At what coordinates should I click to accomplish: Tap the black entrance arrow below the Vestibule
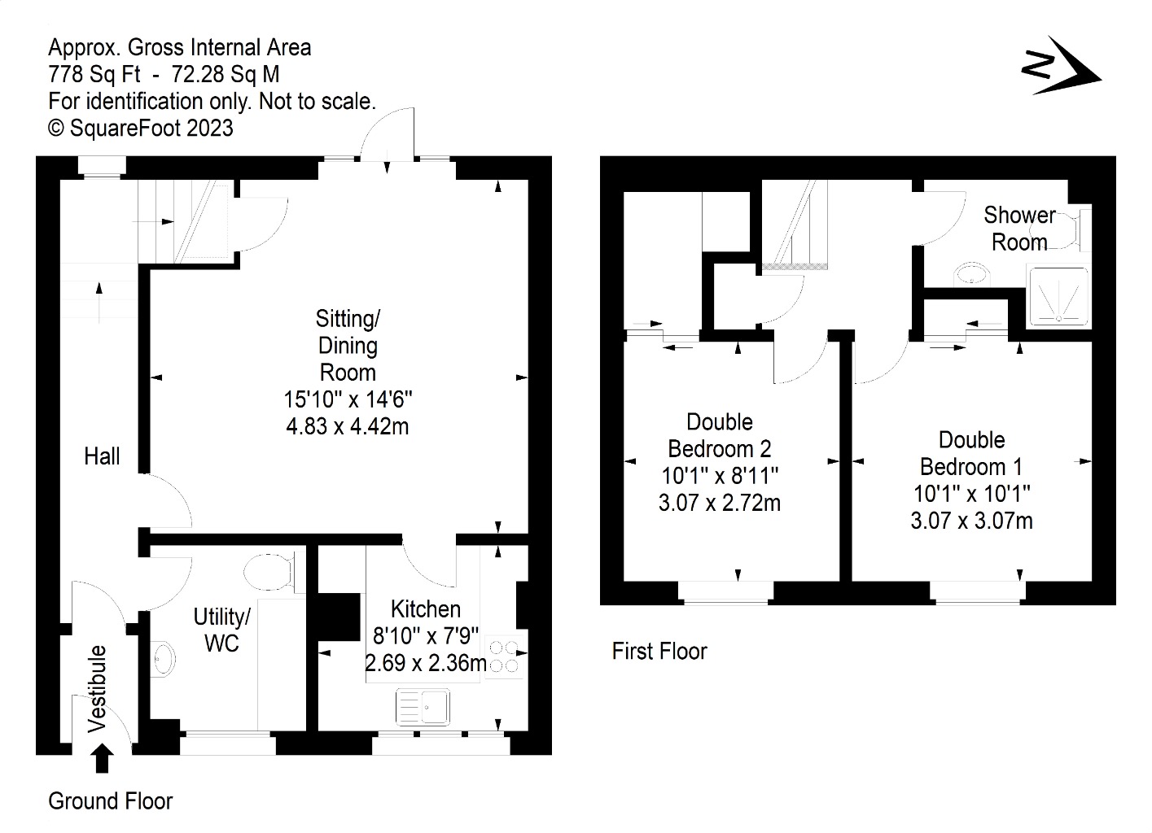pyautogui.click(x=102, y=759)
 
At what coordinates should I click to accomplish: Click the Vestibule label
pyautogui.click(x=97, y=688)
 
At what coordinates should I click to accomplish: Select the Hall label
pyautogui.click(x=102, y=456)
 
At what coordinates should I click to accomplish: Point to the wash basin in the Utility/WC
pyautogui.click(x=164, y=658)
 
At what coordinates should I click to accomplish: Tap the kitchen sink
pyautogui.click(x=423, y=706)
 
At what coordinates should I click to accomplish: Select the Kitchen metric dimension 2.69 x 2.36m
pyautogui.click(x=426, y=663)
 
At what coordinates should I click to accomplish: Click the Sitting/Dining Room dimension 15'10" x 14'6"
pyautogui.click(x=348, y=399)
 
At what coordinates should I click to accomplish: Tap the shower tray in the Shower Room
pyautogui.click(x=1058, y=297)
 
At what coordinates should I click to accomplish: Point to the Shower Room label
pyautogui.click(x=1019, y=229)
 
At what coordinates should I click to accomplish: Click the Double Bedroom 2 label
pyautogui.click(x=720, y=435)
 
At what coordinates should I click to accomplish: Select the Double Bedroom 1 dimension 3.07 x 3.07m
pyautogui.click(x=971, y=520)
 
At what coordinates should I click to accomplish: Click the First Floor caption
pyautogui.click(x=659, y=651)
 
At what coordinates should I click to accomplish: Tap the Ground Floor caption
pyautogui.click(x=111, y=801)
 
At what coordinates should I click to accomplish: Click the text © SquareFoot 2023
pyautogui.click(x=141, y=128)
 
